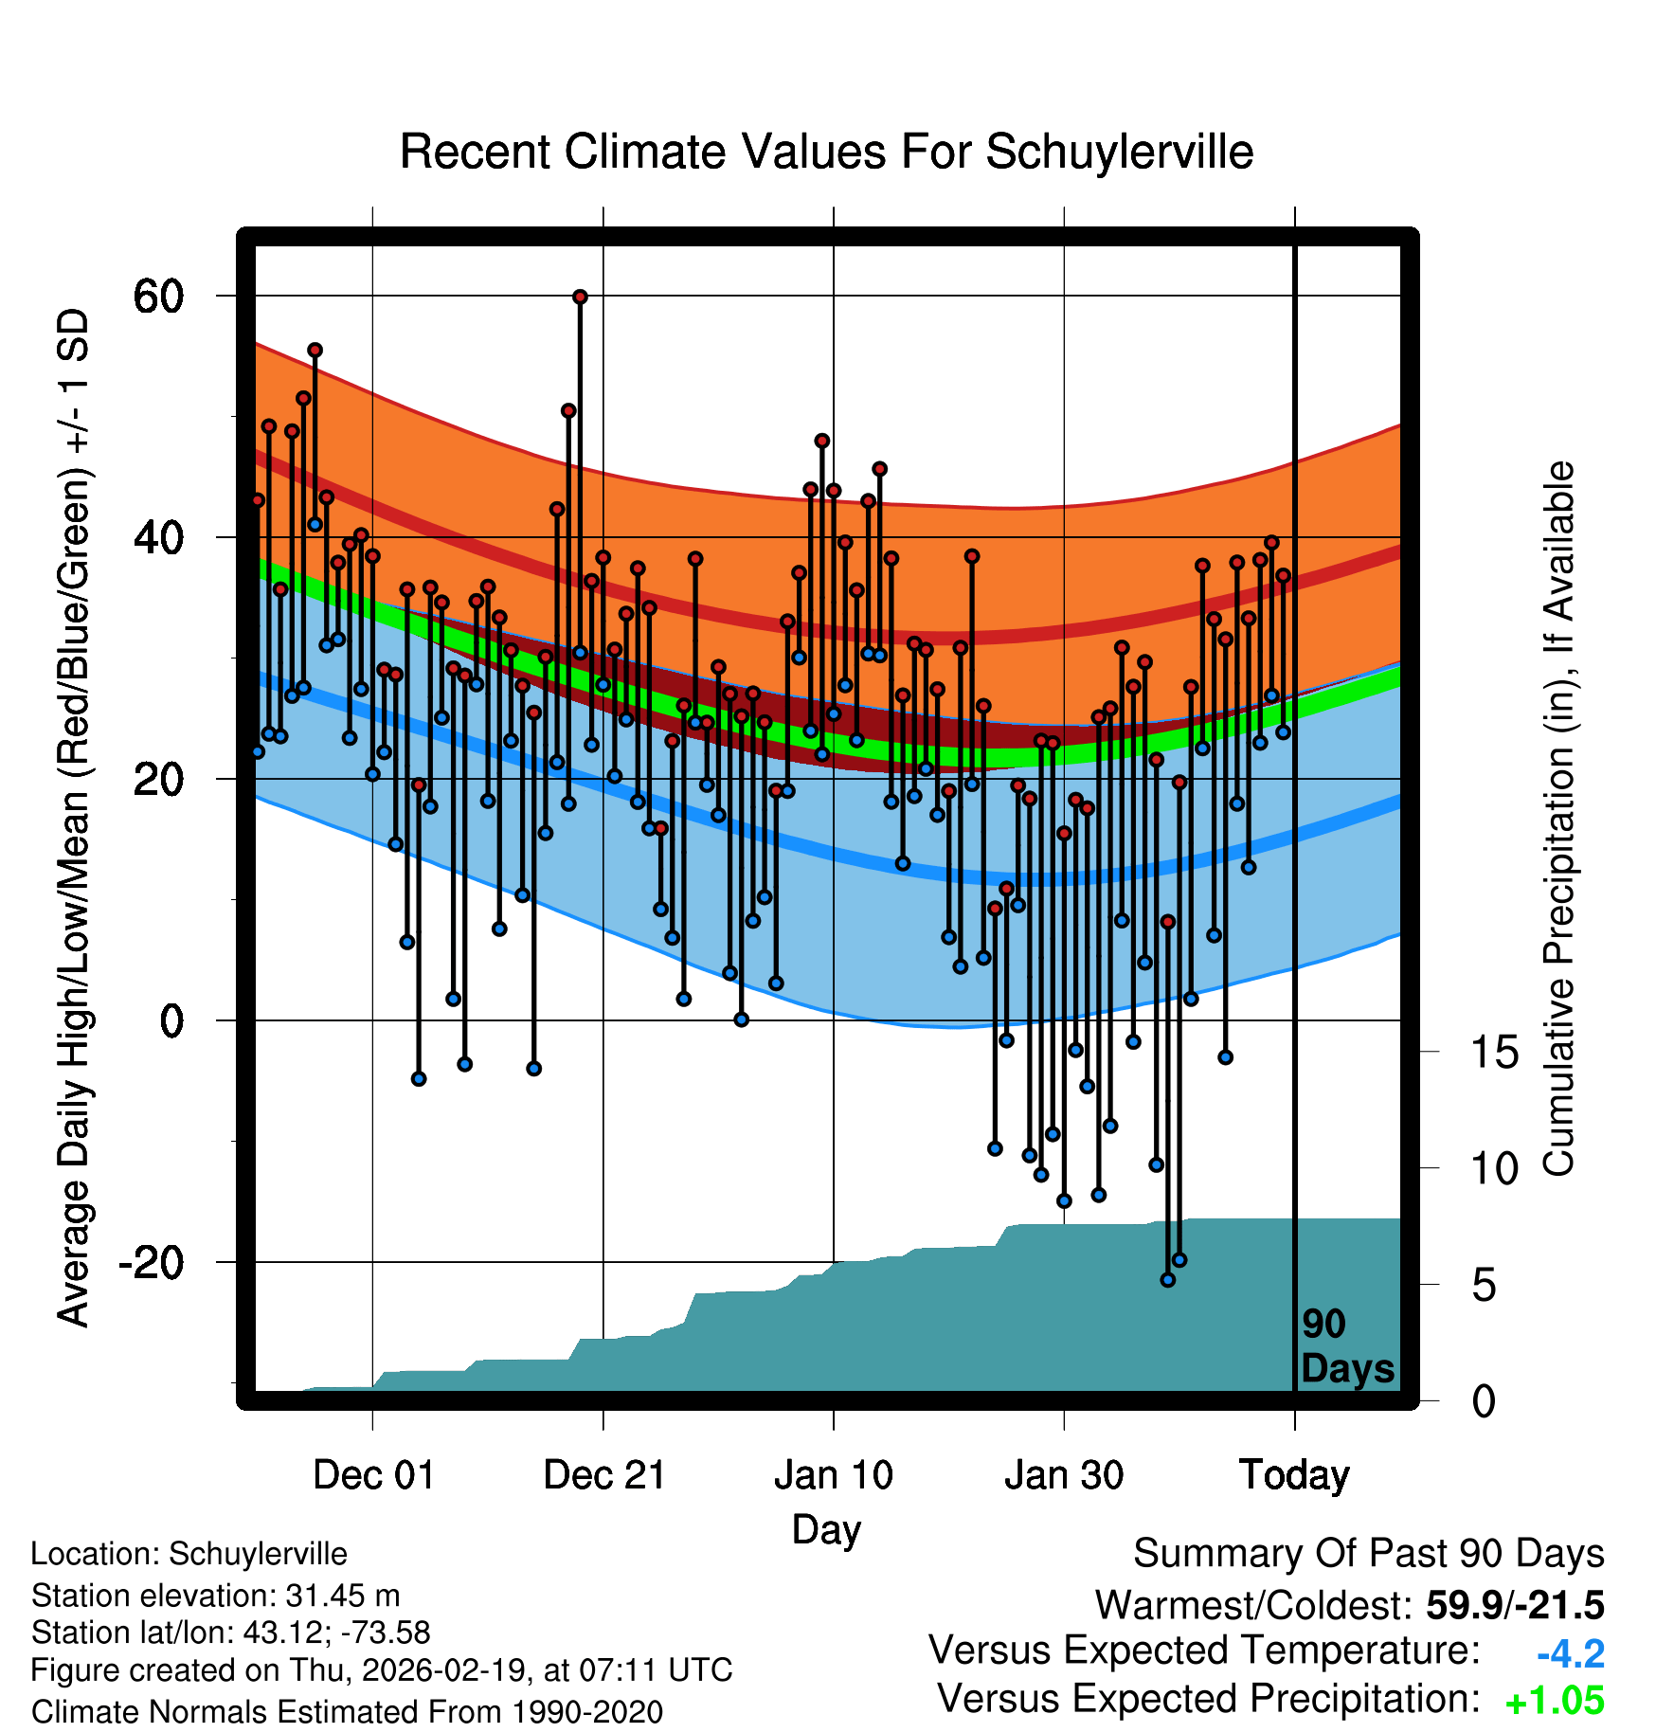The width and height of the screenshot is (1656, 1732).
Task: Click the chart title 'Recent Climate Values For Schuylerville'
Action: pyautogui.click(x=826, y=153)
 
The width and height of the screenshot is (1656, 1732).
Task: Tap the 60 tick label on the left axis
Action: pyautogui.click(x=158, y=297)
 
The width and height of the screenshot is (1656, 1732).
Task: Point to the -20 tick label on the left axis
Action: pyautogui.click(x=151, y=1263)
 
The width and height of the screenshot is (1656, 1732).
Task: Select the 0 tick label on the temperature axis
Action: pyautogui.click(x=171, y=1021)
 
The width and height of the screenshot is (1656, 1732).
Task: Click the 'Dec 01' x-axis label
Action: pyautogui.click(x=373, y=1475)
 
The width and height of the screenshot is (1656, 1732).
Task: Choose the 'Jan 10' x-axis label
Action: pyautogui.click(x=834, y=1475)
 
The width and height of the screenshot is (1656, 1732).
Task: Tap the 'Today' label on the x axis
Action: pyautogui.click(x=1294, y=1475)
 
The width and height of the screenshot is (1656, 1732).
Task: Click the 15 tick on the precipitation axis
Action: pyautogui.click(x=1495, y=1053)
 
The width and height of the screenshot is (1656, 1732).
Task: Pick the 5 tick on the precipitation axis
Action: pyautogui.click(x=1484, y=1286)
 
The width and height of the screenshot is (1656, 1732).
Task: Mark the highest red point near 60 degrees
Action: pyautogui.click(x=580, y=298)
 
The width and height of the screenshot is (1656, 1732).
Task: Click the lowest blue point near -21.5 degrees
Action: pyautogui.click(x=1167, y=1280)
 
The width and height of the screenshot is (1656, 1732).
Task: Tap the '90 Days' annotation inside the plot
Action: pyautogui.click(x=1347, y=1347)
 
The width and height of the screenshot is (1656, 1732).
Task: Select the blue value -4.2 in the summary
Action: pyautogui.click(x=1570, y=1654)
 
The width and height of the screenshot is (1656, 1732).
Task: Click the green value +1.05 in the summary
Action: pyautogui.click(x=1555, y=1702)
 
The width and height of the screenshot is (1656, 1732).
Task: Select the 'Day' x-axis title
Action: pyautogui.click(x=826, y=1530)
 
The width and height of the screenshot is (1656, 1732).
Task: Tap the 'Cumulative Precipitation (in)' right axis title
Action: pyautogui.click(x=1558, y=819)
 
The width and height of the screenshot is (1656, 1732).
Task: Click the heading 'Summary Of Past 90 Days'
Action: pyautogui.click(x=1368, y=1555)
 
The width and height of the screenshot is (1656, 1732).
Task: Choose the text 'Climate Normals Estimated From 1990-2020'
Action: pyautogui.click(x=347, y=1712)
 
